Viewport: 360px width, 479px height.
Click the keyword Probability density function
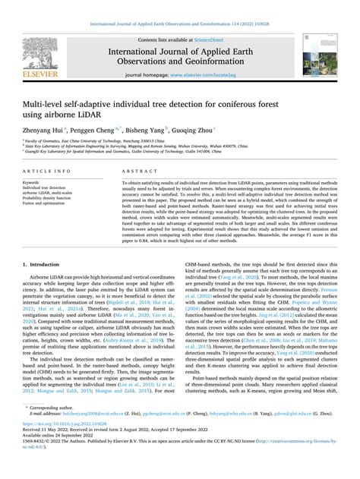[54, 199]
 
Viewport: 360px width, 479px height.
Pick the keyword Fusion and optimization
[49, 204]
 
